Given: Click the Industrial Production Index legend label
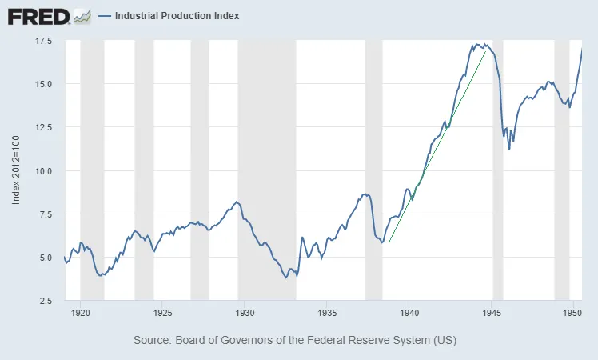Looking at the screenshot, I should (177, 16).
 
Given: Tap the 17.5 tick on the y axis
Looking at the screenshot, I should (42, 41).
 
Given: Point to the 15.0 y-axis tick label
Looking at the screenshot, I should (42, 84).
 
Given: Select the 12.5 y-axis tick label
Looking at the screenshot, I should (42, 127).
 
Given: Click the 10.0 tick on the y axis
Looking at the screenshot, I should (42, 170).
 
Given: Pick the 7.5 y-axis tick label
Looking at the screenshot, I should (45, 214).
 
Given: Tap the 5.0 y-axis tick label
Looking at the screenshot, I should (45, 258).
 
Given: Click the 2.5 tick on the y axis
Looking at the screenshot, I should (45, 301).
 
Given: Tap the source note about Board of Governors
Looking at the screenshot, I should (295, 341).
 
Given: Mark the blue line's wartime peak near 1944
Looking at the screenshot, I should (477, 44).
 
